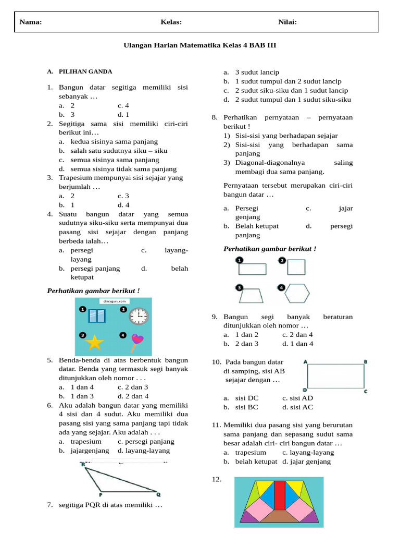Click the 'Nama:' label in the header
coord(31,22)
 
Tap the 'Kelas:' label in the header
coord(171,22)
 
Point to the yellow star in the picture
coord(95,342)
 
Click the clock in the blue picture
coord(139,315)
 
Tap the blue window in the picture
coord(97,316)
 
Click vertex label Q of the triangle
coord(158,494)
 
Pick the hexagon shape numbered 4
coord(297,293)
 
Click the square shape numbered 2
coord(296,267)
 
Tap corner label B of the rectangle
coord(366,361)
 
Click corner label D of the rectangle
coord(304,390)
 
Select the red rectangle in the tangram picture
coord(280,495)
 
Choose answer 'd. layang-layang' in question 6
coord(143,451)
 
